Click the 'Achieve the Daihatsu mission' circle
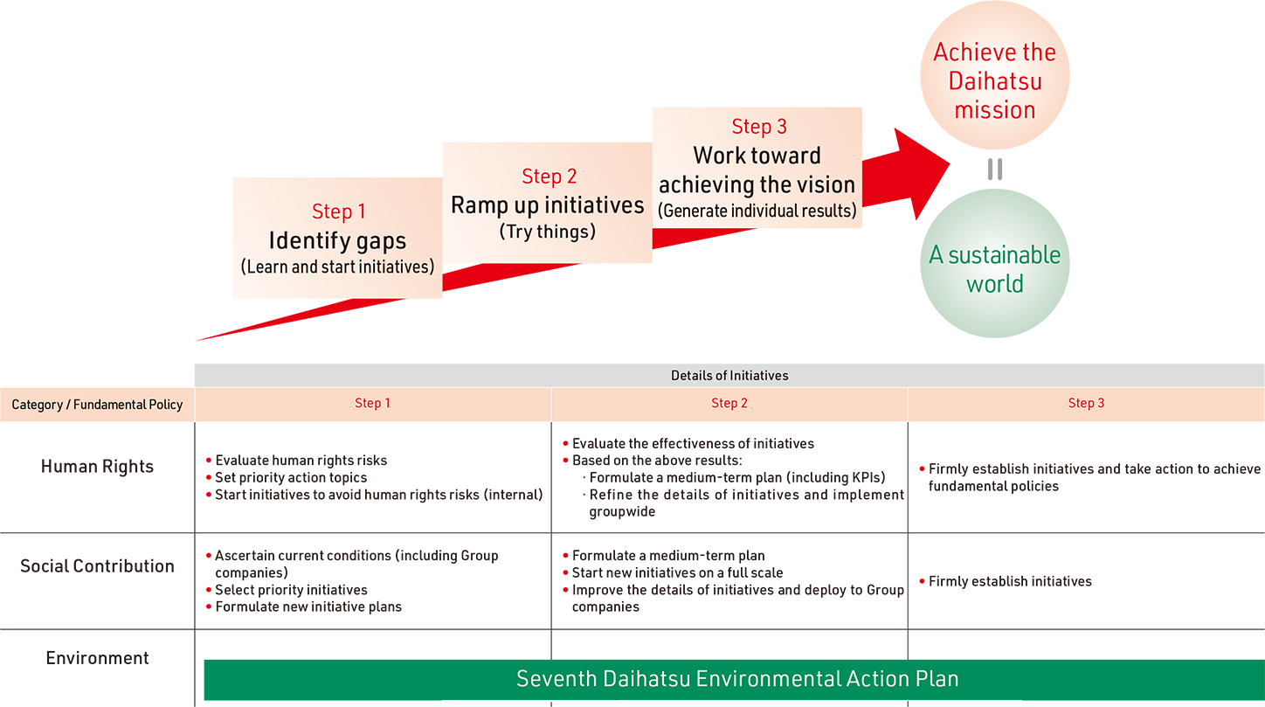[994, 80]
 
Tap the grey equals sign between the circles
[994, 169]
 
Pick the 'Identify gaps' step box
[337, 238]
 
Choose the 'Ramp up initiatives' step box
[547, 203]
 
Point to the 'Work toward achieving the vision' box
[757, 168]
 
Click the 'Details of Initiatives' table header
[729, 376]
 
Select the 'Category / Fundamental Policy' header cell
[97, 405]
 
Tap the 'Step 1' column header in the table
[373, 404]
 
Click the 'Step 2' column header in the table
[729, 404]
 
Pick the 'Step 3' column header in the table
[1086, 404]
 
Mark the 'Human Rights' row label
[97, 467]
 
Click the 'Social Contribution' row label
[97, 566]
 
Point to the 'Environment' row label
[97, 658]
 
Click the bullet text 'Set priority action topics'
[291, 478]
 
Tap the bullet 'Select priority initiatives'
[291, 590]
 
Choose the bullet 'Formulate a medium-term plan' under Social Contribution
[668, 556]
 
